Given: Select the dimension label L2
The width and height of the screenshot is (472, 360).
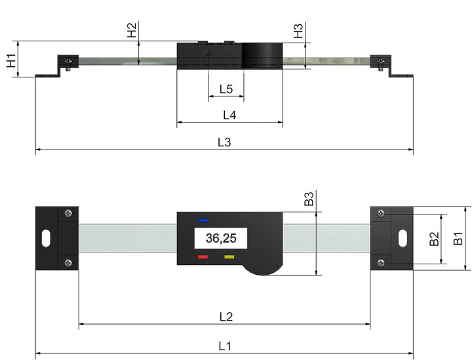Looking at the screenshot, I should [226, 316].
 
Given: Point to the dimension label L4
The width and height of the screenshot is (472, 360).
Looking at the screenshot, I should [229, 115].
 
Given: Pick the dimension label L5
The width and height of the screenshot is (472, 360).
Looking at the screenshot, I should [226, 89].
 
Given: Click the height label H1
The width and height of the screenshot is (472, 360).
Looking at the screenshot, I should [12, 61].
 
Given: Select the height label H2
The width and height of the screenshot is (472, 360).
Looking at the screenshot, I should [132, 30].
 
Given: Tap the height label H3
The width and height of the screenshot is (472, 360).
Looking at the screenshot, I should [298, 30].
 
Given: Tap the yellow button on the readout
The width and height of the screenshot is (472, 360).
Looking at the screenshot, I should [229, 257].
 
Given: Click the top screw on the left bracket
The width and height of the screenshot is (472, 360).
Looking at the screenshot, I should [69, 213].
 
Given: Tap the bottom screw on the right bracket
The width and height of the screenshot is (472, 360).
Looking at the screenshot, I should [381, 262].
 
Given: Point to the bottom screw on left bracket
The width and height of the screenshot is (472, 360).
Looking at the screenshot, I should [69, 262].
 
